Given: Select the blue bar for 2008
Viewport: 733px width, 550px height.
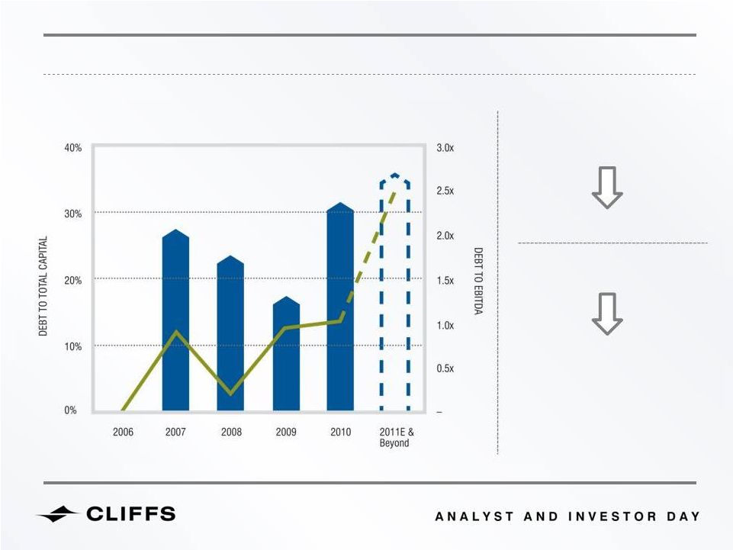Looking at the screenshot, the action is (x=230, y=333).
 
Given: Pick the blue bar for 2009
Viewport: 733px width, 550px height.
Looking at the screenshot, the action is (x=286, y=354).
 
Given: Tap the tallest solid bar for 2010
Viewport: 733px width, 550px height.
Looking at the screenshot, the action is (x=340, y=307).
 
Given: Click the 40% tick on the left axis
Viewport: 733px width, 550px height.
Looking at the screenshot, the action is (x=73, y=148).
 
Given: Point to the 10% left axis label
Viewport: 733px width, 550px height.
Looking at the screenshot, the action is (x=73, y=346).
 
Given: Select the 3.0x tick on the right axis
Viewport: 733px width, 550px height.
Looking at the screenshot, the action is (x=445, y=148).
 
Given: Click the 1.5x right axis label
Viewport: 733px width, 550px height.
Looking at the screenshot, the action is (x=445, y=280).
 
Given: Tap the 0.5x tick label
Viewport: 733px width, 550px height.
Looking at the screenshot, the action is (x=445, y=368).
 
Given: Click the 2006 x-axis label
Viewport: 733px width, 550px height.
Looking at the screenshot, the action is (x=123, y=432).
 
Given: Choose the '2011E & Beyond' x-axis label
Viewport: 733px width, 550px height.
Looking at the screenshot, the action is (x=397, y=437).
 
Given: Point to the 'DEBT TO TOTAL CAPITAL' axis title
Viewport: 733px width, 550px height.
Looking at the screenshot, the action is (x=43, y=286).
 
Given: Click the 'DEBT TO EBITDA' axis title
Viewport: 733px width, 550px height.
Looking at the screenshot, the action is (x=478, y=281).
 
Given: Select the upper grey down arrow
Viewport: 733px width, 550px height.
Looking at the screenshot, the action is (x=607, y=187).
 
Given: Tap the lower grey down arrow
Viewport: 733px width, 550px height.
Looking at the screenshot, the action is (x=607, y=314).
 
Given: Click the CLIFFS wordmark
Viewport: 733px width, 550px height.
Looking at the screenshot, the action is (x=131, y=513).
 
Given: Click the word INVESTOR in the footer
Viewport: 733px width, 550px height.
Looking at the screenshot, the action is (x=612, y=516).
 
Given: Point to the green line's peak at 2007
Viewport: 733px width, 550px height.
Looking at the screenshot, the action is (x=175, y=333).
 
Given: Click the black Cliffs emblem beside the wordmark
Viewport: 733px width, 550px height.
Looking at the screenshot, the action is (x=57, y=513).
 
